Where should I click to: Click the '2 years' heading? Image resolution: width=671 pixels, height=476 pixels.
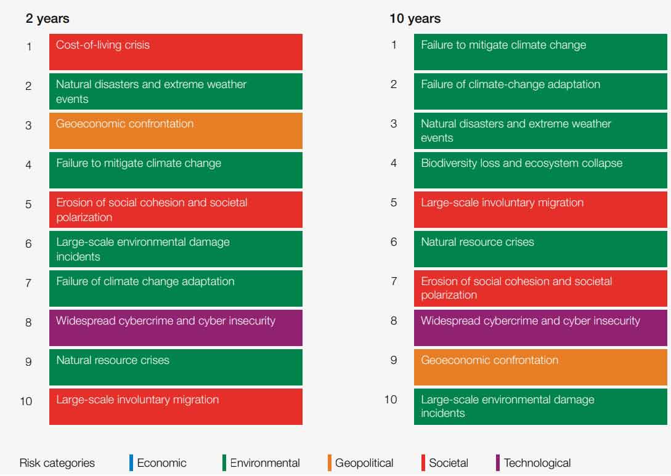click(47, 18)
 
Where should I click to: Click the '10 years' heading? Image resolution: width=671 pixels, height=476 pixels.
click(415, 18)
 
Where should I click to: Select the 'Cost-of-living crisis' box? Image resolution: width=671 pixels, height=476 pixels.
click(176, 52)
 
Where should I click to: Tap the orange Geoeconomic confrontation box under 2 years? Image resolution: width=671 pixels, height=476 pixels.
click(176, 131)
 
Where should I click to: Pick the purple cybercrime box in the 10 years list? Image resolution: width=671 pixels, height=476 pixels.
click(540, 328)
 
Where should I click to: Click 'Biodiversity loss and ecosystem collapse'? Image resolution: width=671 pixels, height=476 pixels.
click(540, 170)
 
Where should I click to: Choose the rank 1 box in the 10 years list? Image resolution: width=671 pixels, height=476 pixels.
click(540, 52)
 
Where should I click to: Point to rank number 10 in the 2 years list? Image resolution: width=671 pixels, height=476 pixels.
click(26, 401)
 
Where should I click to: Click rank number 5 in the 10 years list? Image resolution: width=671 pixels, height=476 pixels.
click(394, 203)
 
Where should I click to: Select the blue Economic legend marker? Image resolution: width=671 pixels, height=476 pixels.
click(131, 462)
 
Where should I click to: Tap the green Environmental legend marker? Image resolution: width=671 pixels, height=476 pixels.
click(224, 462)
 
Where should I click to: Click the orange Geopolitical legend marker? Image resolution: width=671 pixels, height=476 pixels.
click(330, 462)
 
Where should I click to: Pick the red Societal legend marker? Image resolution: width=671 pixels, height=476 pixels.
click(423, 462)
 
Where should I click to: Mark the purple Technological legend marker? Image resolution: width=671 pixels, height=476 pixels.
click(498, 462)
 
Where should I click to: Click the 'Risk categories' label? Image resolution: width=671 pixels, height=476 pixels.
click(57, 463)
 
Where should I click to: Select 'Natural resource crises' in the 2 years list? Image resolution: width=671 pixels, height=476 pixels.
click(176, 367)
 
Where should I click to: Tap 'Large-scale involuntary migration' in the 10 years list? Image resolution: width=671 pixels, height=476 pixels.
click(540, 209)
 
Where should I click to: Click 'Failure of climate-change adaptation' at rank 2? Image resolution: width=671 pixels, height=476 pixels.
click(540, 91)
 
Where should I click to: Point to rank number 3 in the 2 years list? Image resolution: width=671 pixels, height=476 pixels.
click(28, 126)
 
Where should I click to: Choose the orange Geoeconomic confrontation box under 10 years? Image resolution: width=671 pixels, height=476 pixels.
click(540, 367)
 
